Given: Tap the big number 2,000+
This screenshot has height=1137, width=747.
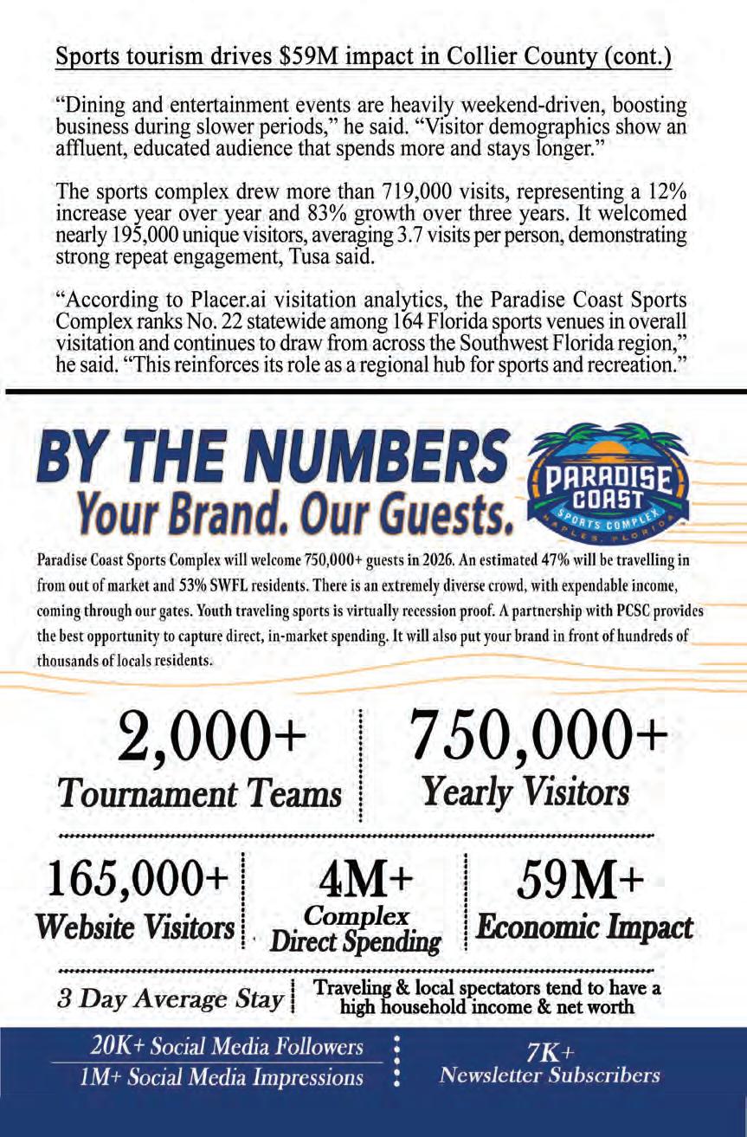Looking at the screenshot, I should (212, 738).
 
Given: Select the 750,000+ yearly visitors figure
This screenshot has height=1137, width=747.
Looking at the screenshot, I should (538, 736).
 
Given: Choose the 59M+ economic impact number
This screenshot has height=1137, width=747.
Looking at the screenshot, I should (580, 882).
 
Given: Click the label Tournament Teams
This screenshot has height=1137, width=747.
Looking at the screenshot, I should (200, 792).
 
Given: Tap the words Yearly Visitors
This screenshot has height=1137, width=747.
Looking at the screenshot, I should (525, 791).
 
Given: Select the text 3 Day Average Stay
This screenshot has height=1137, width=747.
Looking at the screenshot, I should (171, 999).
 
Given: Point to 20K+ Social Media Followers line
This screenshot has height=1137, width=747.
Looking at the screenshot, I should (227, 1047).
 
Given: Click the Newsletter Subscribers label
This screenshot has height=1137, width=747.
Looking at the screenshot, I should (550, 1076).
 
